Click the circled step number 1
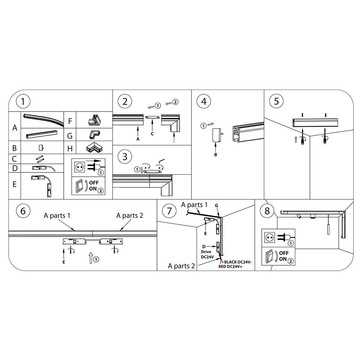[23, 101]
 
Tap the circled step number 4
[204, 101]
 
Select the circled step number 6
[23, 211]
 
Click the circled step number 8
[267, 211]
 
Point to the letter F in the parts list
[70, 121]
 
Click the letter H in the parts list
[70, 148]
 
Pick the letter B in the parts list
[14, 148]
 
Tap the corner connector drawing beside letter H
[95, 148]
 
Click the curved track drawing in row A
[43, 120]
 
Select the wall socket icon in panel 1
[80, 167]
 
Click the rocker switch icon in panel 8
[270, 257]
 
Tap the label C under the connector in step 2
[153, 134]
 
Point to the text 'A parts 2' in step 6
[130, 216]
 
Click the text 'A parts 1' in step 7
[194, 205]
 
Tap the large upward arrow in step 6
[91, 257]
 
